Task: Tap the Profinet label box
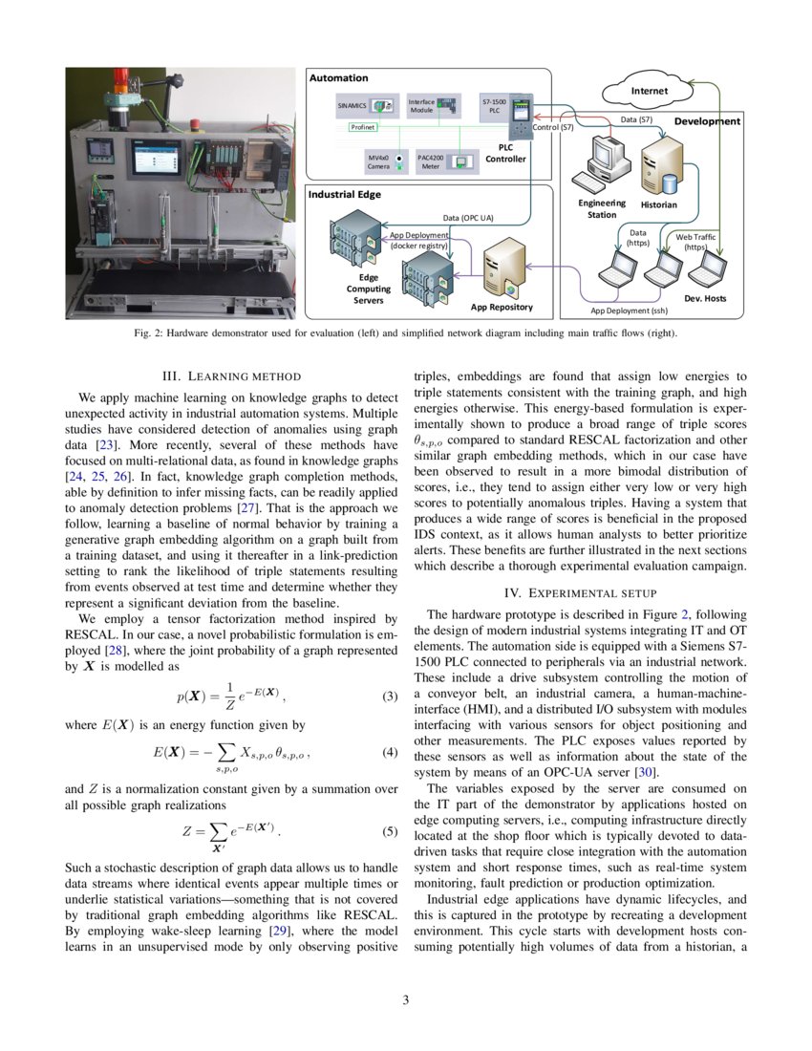(x=362, y=126)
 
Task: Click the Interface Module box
(x=421, y=105)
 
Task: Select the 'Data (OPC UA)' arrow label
(x=469, y=218)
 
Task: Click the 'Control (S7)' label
(x=553, y=127)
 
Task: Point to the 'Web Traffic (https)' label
(x=695, y=242)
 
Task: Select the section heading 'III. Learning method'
(x=232, y=376)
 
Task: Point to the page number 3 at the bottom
(x=405, y=1000)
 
